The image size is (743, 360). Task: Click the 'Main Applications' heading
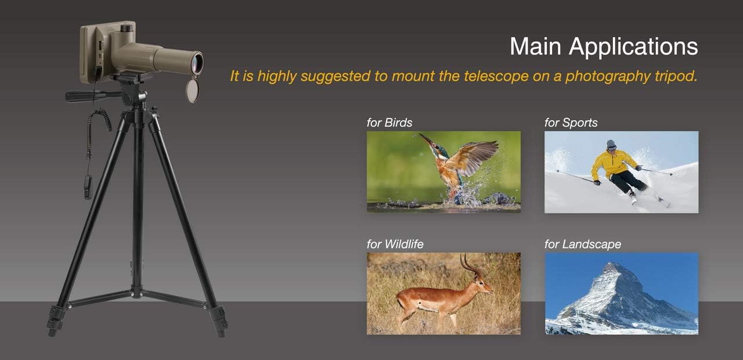[604, 47]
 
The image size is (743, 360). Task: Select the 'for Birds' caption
[389, 123]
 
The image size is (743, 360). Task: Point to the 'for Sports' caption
[571, 123]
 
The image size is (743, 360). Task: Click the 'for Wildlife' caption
[395, 244]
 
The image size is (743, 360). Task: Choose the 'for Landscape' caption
[583, 244]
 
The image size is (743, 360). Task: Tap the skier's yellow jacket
[614, 164]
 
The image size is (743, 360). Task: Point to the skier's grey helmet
[611, 143]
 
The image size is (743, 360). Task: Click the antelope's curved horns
[470, 266]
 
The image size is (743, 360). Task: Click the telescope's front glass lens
[198, 63]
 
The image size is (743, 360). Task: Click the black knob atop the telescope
[126, 28]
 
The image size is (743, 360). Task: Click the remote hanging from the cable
[88, 187]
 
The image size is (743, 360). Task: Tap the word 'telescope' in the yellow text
[496, 76]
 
